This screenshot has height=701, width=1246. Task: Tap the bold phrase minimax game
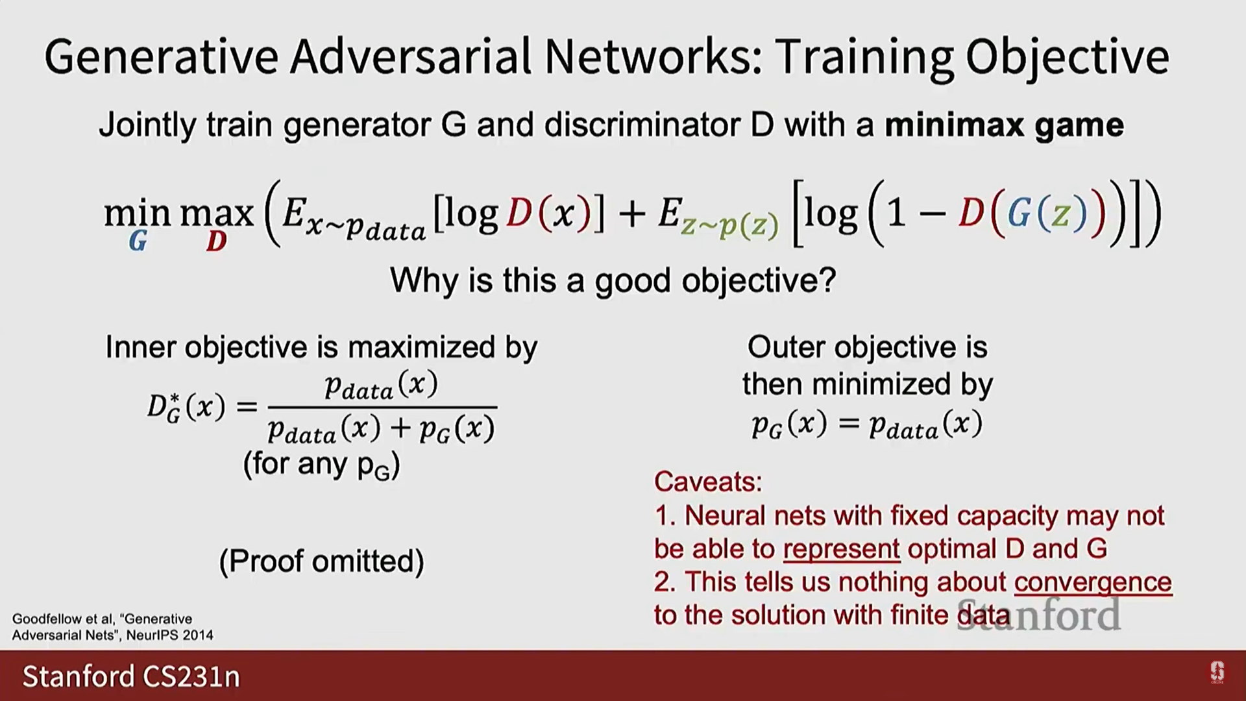click(x=1004, y=125)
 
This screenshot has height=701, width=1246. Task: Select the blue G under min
click(x=138, y=241)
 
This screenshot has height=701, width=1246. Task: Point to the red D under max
click(x=216, y=241)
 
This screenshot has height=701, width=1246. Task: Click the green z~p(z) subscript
click(x=729, y=226)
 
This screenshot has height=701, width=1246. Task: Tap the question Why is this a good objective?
click(x=613, y=281)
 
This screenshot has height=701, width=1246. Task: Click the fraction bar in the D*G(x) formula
click(x=382, y=407)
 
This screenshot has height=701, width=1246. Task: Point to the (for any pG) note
click(x=322, y=465)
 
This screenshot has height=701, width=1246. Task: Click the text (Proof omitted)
click(x=322, y=561)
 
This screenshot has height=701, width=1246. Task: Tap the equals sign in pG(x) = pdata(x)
click(x=848, y=424)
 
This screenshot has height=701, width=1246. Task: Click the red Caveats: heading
click(x=708, y=482)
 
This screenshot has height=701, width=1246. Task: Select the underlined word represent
click(x=842, y=549)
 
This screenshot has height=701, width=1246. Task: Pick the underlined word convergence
click(x=1093, y=582)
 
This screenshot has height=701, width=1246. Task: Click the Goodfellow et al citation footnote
click(x=113, y=627)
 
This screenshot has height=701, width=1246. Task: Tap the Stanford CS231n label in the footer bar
click(x=131, y=676)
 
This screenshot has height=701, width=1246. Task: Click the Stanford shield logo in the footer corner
click(x=1217, y=672)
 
